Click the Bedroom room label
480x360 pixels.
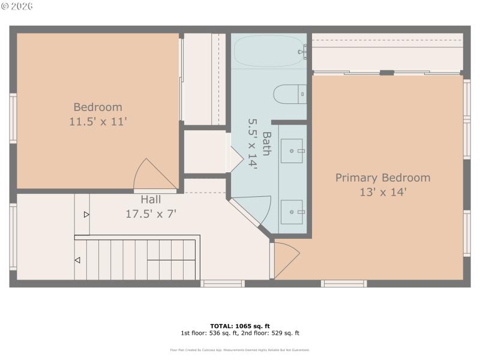(x=98, y=107)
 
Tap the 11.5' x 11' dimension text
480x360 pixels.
(x=98, y=121)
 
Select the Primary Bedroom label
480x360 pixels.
(x=382, y=178)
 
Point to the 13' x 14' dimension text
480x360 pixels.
(x=382, y=192)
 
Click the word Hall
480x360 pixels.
(x=151, y=199)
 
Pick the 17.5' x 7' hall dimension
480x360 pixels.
(x=151, y=213)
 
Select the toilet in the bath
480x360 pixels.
(x=289, y=94)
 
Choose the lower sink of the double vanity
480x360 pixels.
(x=292, y=211)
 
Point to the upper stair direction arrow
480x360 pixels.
(x=86, y=214)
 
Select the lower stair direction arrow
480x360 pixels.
(x=77, y=260)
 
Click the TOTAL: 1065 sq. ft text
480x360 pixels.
(x=240, y=326)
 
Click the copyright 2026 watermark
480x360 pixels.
(x=17, y=6)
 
